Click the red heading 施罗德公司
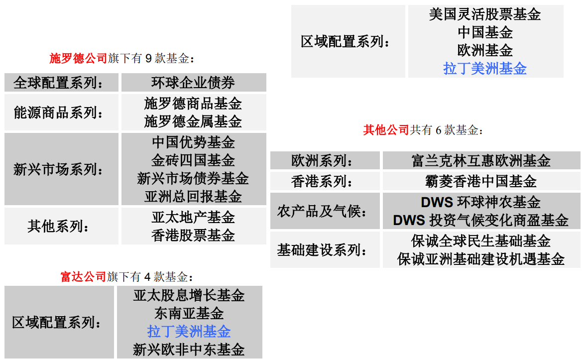(x=78, y=58)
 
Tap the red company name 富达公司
(x=83, y=276)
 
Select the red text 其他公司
(x=386, y=130)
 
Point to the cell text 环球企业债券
(x=193, y=83)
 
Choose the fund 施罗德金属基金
(x=193, y=121)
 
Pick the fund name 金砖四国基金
(x=193, y=160)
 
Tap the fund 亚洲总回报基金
(x=193, y=196)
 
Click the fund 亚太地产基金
(x=193, y=217)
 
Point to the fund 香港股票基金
(x=193, y=235)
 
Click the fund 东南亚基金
(x=189, y=313)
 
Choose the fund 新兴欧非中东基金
(x=189, y=350)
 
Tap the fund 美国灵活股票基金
(x=485, y=14)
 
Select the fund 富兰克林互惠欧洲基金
(x=481, y=161)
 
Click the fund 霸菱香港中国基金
(x=481, y=181)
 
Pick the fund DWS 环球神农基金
(x=481, y=202)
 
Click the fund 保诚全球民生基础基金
(x=481, y=241)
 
